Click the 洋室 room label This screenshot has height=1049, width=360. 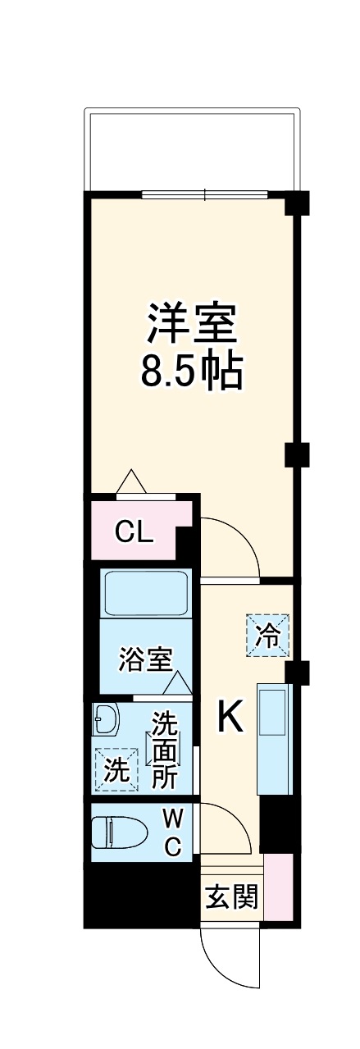(192, 324)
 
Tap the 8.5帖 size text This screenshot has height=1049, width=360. (192, 372)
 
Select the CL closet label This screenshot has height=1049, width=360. (134, 532)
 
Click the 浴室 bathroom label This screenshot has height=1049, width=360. (145, 660)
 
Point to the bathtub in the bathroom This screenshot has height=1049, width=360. (146, 592)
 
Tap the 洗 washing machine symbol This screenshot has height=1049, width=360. (115, 771)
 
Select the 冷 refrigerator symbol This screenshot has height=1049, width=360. (267, 636)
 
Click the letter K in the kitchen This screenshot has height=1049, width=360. (230, 719)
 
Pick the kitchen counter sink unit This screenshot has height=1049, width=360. (273, 738)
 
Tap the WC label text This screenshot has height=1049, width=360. (172, 832)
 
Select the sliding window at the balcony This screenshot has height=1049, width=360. (205, 194)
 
